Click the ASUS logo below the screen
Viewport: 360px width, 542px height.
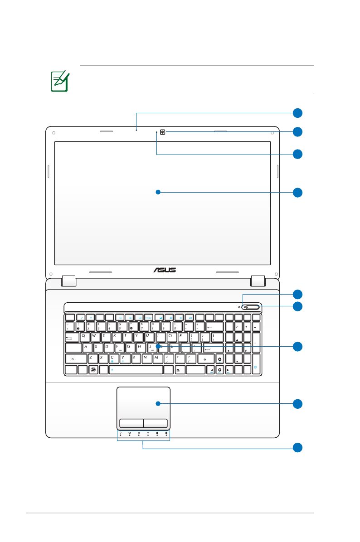164,270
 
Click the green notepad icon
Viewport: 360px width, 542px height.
59,81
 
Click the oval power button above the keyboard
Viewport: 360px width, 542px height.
251,307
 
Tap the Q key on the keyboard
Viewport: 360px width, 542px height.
83,337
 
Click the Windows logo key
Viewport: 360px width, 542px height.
93,370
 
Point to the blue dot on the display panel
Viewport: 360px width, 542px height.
158,192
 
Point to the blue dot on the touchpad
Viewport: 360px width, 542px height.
158,403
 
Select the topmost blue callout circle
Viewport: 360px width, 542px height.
297,113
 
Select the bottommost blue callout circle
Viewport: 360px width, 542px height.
297,448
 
